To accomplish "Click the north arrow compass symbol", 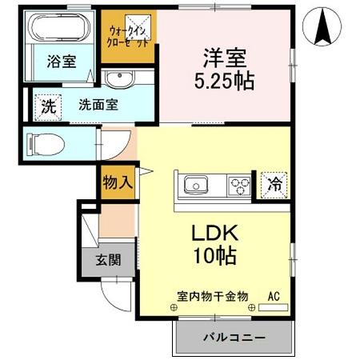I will point(324,26).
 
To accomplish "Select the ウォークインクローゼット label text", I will point(127,37).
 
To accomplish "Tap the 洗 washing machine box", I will point(48,104).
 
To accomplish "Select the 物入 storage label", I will point(118,182).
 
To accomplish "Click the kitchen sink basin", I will point(196,186).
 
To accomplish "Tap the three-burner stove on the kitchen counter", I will point(238,186).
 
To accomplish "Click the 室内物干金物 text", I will point(213,295).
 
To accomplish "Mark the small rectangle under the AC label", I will point(274,307).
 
